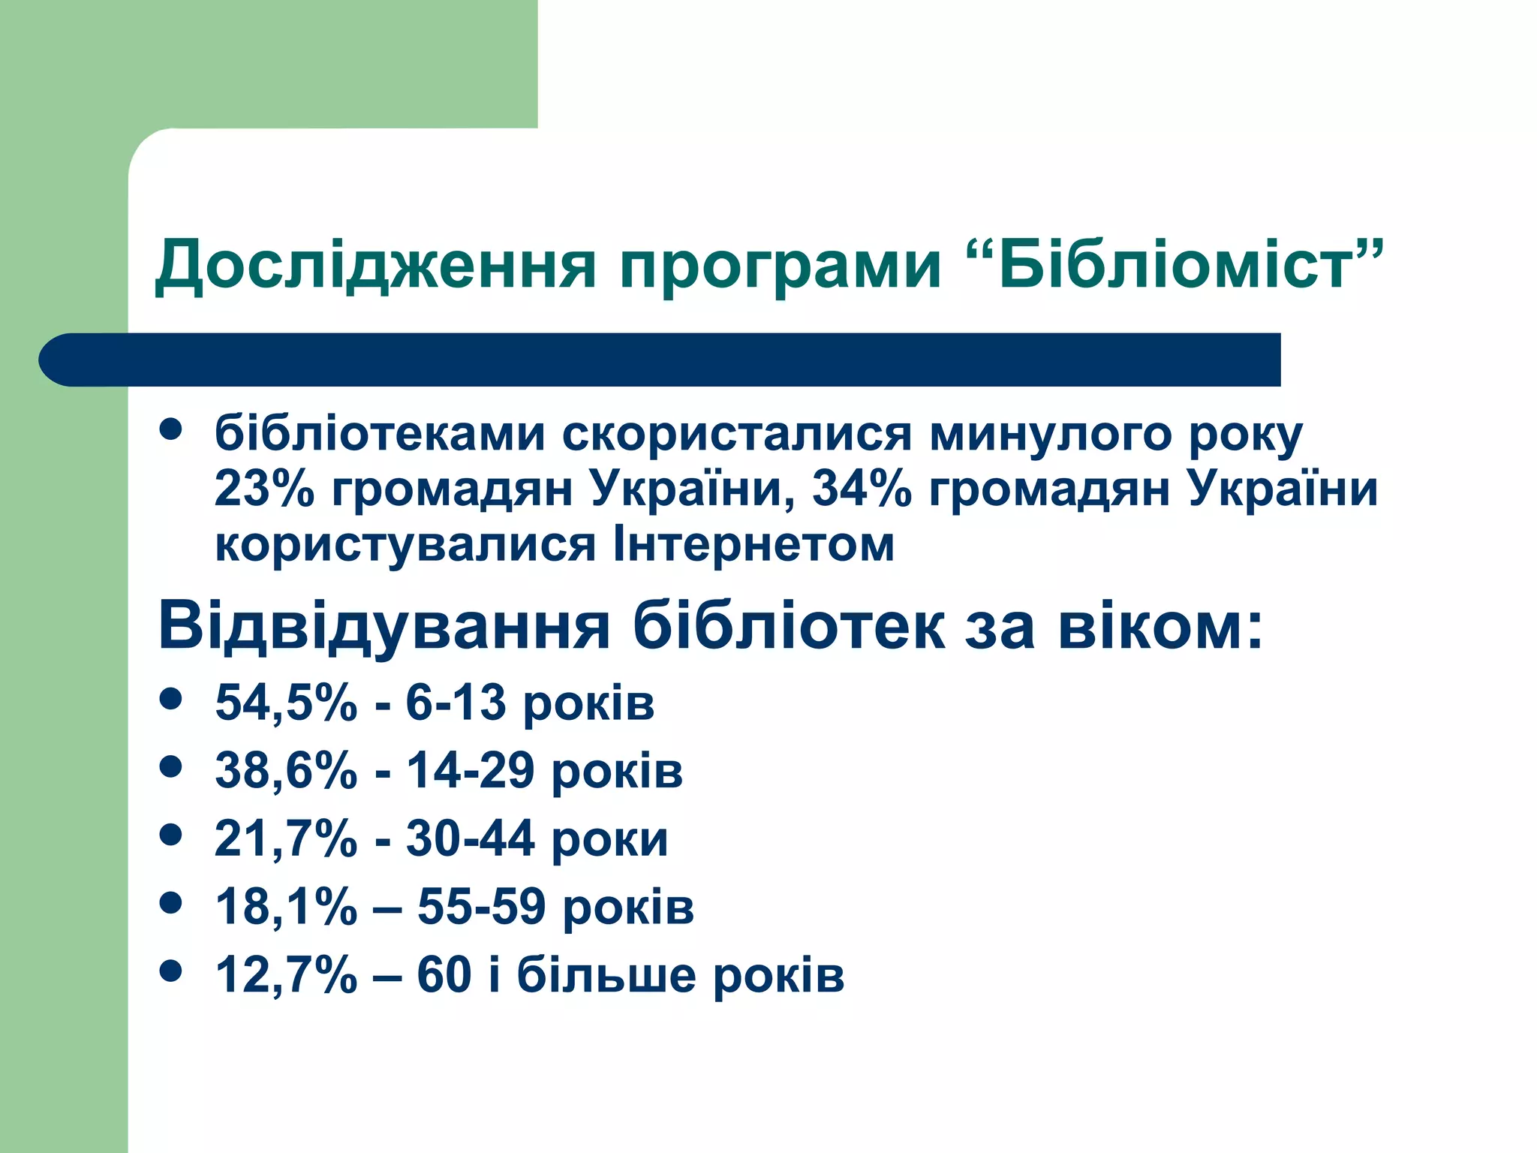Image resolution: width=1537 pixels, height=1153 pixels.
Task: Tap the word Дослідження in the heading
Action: click(375, 266)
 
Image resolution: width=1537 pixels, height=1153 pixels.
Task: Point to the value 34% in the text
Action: click(862, 489)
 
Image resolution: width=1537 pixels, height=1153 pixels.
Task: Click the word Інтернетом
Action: click(753, 543)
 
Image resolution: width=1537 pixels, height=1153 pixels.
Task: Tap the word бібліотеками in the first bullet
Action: click(380, 434)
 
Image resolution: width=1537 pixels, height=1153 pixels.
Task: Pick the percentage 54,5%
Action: click(286, 703)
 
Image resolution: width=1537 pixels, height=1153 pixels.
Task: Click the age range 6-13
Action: click(456, 703)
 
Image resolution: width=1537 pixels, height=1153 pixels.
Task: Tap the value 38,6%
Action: click(286, 771)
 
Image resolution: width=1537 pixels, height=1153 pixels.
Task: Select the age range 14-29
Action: click(471, 771)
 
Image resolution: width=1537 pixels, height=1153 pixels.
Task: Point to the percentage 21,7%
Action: click(285, 838)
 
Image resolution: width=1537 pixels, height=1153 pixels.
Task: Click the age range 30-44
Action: click(471, 838)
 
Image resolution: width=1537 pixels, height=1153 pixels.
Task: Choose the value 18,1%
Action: click(286, 907)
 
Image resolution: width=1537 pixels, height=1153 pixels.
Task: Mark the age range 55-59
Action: click(481, 907)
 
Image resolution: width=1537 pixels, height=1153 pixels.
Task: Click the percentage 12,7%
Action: click(286, 975)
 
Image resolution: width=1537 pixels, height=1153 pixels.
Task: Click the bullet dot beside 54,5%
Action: click(171, 699)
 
